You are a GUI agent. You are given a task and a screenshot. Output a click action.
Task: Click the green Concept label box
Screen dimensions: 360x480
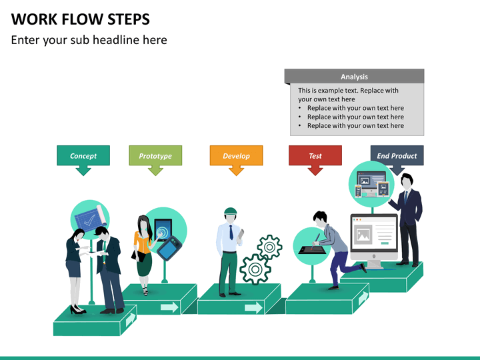tap(83, 156)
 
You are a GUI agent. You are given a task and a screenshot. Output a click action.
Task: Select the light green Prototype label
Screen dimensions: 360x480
tap(155, 156)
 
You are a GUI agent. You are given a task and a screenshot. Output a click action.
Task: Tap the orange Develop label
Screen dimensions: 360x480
tap(236, 156)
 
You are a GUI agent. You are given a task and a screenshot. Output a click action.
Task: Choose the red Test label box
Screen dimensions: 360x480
tap(315, 156)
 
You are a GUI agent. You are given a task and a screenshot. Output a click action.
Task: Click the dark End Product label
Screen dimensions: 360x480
tap(397, 156)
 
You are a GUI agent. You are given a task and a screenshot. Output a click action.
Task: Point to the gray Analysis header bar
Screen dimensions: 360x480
tap(354, 77)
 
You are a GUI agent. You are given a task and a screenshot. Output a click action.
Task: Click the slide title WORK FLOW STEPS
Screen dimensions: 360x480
tap(80, 19)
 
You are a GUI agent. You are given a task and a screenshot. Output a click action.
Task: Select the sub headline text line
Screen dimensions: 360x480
tap(89, 40)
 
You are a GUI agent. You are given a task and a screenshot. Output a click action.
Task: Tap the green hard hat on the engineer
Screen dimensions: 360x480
tap(231, 211)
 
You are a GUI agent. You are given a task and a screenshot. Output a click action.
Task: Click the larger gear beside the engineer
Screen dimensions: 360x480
tap(254, 269)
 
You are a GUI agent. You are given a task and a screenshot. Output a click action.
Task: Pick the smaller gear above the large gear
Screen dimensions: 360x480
tap(269, 247)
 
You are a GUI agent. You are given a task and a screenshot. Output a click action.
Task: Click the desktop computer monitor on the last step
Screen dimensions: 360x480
tap(374, 237)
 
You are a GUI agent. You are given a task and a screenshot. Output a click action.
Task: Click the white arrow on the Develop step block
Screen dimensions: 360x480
tap(253, 307)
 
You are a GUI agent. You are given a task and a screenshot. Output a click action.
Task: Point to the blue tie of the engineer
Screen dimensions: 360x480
tap(231, 232)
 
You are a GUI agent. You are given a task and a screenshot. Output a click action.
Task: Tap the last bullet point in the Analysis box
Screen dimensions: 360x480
tap(355, 125)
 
